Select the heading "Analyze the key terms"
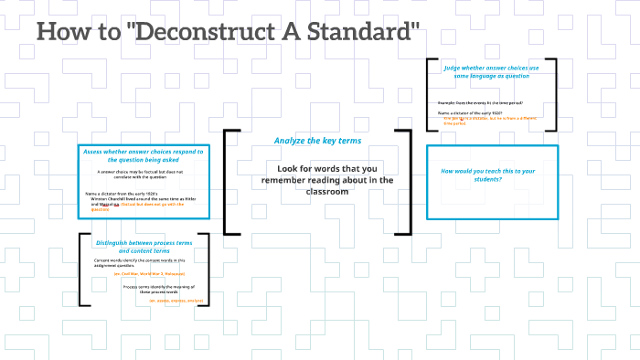coord(317,141)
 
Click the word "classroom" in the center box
coord(317,192)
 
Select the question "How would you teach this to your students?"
coord(488,175)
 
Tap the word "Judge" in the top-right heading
coord(455,68)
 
